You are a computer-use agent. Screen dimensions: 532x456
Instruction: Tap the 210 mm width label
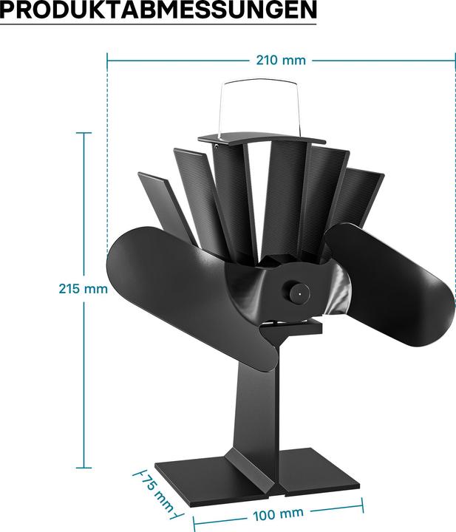click(280, 60)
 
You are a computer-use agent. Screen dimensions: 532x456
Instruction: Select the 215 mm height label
click(84, 288)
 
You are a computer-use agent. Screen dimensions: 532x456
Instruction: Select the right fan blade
click(392, 288)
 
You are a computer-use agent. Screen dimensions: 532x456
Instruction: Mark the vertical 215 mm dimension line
click(84, 222)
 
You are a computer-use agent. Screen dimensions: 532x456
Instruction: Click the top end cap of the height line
click(84, 134)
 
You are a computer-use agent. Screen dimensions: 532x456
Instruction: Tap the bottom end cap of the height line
click(84, 468)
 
